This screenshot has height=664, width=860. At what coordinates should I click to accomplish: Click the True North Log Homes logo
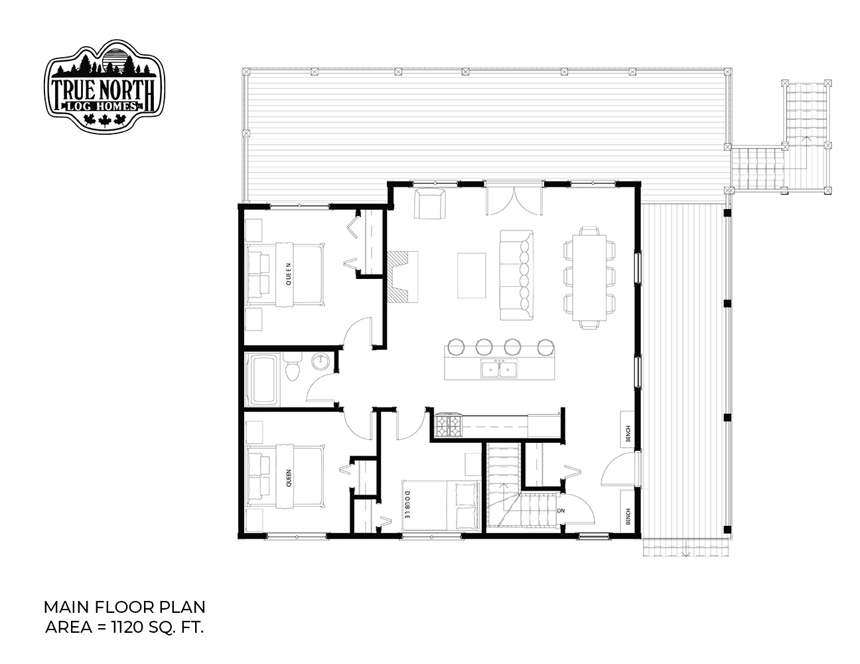tap(104, 86)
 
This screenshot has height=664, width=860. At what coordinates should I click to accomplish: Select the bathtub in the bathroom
tap(261, 379)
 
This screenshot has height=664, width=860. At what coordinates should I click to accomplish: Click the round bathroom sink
tap(320, 361)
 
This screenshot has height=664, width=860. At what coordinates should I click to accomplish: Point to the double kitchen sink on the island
tap(499, 369)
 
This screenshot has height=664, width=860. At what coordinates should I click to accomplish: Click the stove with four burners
tap(449, 425)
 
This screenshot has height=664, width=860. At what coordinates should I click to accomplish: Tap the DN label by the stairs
tap(561, 511)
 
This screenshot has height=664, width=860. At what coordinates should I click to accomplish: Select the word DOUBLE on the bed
tap(407, 505)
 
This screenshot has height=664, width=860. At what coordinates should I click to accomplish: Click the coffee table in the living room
tap(471, 275)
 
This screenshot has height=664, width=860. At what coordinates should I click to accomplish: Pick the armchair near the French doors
tap(430, 203)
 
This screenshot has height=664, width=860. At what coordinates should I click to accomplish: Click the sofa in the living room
tap(516, 275)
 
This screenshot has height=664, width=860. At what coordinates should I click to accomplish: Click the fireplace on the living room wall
tap(401, 276)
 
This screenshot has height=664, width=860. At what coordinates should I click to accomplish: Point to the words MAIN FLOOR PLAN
tap(124, 607)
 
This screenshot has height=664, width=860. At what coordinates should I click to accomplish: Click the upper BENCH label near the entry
tap(628, 434)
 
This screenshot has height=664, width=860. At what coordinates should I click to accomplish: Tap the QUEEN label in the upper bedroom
tap(289, 274)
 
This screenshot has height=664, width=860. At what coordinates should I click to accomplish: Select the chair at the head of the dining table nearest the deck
tap(589, 231)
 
